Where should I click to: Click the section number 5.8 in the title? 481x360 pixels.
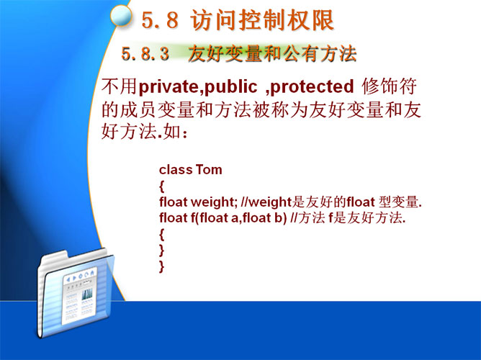point(160,21)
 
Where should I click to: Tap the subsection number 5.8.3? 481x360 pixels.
point(145,54)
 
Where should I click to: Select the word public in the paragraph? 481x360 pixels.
point(230,87)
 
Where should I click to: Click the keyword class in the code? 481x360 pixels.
point(176,170)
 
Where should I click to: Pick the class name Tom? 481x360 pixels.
point(209,170)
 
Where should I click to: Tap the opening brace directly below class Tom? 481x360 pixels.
point(162,186)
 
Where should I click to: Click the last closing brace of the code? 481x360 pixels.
point(162,266)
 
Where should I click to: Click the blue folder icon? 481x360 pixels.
point(75,293)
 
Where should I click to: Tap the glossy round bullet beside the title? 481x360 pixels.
point(121,17)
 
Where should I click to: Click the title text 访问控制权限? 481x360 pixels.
point(262,21)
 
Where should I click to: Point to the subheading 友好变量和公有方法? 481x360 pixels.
point(272,54)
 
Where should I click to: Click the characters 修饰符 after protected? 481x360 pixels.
point(389,86)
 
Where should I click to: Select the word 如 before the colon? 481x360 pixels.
point(171,132)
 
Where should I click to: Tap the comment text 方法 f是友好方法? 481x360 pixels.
point(351,217)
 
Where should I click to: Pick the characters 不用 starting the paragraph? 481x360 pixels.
point(119,86)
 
